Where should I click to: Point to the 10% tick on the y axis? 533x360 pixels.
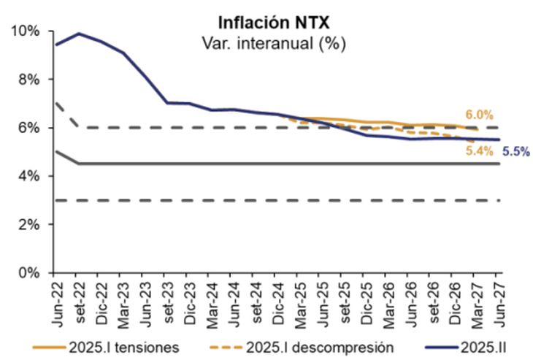click(x=25, y=31)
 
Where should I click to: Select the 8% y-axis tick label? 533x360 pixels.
click(x=28, y=79)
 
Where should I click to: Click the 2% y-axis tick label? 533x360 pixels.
click(x=28, y=224)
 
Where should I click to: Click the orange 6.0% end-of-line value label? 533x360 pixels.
click(x=479, y=115)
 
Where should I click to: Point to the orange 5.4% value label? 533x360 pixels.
click(x=479, y=150)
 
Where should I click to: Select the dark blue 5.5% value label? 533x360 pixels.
click(x=515, y=152)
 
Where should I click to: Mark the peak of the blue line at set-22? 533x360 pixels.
click(x=79, y=34)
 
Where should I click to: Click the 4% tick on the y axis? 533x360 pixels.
click(x=28, y=176)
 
